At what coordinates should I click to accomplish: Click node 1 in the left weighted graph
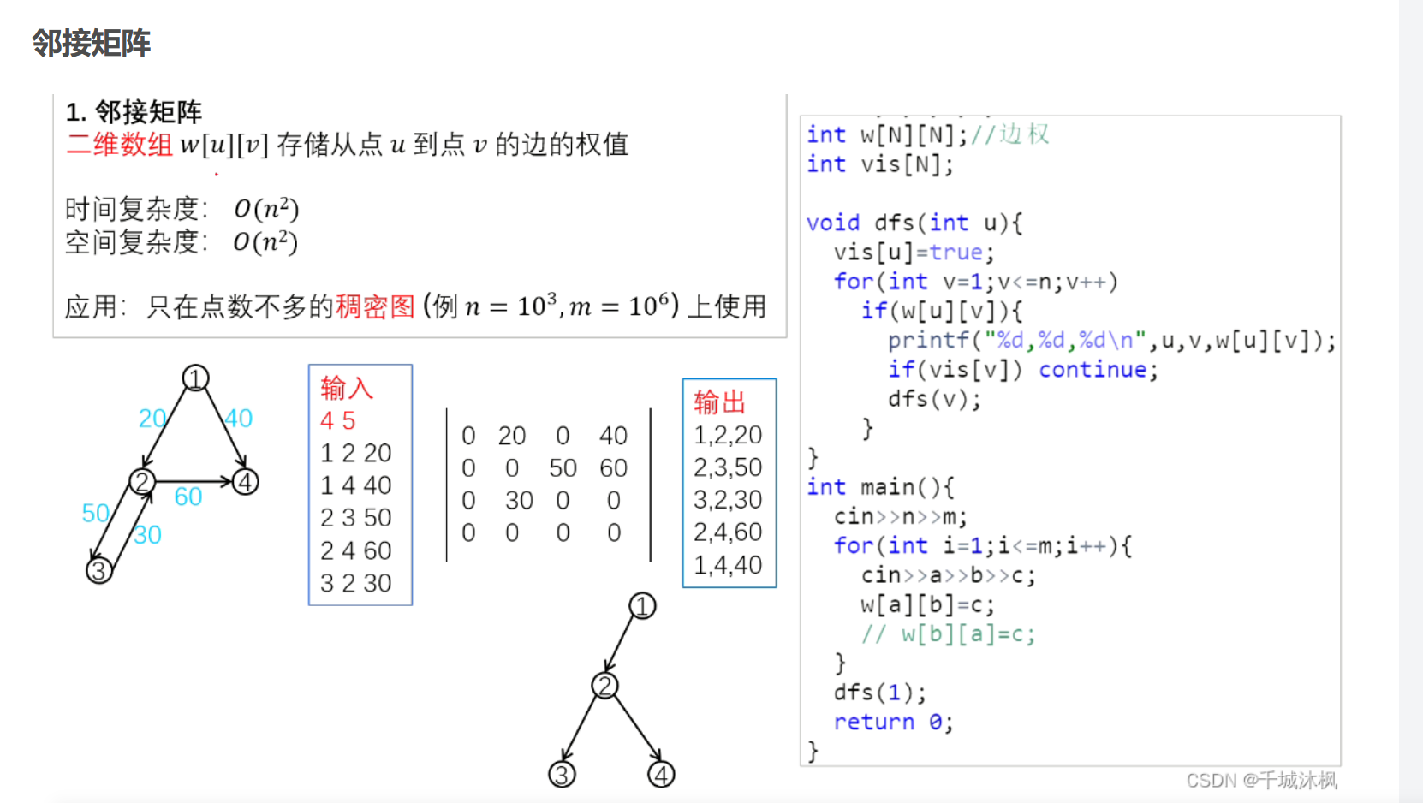pyautogui.click(x=195, y=378)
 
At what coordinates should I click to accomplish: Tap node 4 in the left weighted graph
pyautogui.click(x=246, y=482)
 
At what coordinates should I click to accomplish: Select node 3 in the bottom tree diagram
pyautogui.click(x=562, y=775)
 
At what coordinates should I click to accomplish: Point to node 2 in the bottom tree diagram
pyautogui.click(x=605, y=686)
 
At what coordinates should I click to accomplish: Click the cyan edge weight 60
pyautogui.click(x=188, y=497)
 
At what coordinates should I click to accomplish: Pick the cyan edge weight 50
pyautogui.click(x=95, y=513)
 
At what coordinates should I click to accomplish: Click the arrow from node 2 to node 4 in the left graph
pyautogui.click(x=194, y=482)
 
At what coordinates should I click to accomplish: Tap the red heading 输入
pyautogui.click(x=347, y=389)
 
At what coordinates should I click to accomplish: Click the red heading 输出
pyautogui.click(x=719, y=401)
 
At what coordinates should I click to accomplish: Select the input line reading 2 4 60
pyautogui.click(x=355, y=550)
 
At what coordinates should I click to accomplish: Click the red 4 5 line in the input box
pyautogui.click(x=337, y=420)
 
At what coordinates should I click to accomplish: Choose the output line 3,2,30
pyautogui.click(x=728, y=500)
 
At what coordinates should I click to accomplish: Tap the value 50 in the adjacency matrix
pyautogui.click(x=563, y=468)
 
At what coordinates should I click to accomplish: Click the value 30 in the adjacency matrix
pyautogui.click(x=519, y=501)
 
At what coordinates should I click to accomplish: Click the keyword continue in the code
pyautogui.click(x=1093, y=370)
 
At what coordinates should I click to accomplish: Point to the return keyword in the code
pyautogui.click(x=873, y=722)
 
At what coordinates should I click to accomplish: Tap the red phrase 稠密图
pyautogui.click(x=375, y=306)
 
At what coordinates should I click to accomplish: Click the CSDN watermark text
pyautogui.click(x=1261, y=781)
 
